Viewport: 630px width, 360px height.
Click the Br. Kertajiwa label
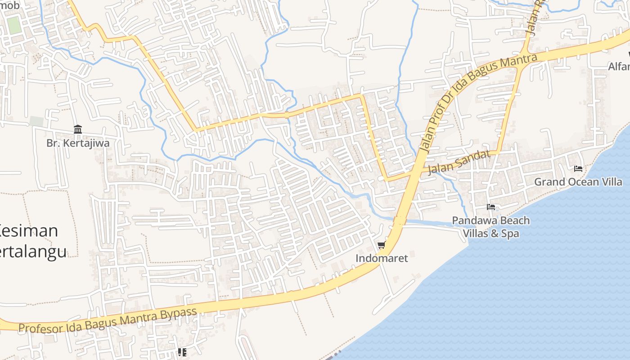point(78,143)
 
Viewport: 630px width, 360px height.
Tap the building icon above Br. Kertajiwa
point(78,130)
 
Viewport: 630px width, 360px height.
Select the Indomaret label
point(382,258)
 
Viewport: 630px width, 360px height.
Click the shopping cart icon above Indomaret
point(382,245)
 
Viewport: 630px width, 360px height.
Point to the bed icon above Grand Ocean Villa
point(578,169)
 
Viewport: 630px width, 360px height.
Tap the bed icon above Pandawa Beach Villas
point(491,207)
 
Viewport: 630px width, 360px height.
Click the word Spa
point(511,234)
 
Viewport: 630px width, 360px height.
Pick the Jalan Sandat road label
point(459,162)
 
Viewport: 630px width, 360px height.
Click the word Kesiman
point(29,231)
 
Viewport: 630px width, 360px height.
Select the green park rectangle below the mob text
point(14,25)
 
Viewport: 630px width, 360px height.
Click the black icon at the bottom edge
point(182,352)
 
